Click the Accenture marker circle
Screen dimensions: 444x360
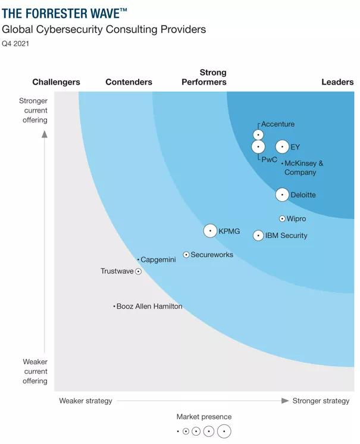(x=258, y=135)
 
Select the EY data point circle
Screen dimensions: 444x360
(x=282, y=147)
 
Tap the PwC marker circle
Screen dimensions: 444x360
(x=258, y=146)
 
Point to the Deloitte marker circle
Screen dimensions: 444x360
(x=282, y=195)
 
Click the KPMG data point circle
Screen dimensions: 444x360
(x=210, y=231)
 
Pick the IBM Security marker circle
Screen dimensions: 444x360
(x=258, y=236)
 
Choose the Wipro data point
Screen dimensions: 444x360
(x=282, y=219)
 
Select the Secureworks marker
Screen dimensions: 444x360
(x=186, y=255)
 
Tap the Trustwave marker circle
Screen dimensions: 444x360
(x=138, y=271)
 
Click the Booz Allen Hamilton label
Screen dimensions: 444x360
(x=149, y=307)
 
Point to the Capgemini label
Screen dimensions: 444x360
(x=158, y=260)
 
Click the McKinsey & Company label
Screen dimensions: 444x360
(x=303, y=168)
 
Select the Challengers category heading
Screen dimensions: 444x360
(x=56, y=82)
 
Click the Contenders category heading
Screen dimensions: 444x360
(x=129, y=82)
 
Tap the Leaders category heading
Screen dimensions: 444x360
(x=337, y=82)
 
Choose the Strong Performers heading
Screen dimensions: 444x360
(x=204, y=77)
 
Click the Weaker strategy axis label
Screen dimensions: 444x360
(x=86, y=401)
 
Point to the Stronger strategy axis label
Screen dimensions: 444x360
(x=321, y=401)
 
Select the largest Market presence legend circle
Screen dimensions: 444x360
(x=224, y=432)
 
